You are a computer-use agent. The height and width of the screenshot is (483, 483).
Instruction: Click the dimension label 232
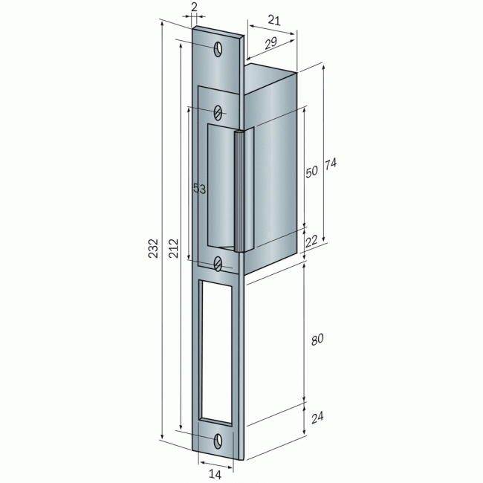(x=153, y=248)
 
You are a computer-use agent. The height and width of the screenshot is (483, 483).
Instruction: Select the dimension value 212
(x=173, y=248)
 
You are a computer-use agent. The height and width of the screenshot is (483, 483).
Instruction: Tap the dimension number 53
(x=200, y=189)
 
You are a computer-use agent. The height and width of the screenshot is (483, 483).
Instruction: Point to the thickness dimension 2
(x=194, y=7)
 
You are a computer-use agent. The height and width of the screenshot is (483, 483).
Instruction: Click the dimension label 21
(x=274, y=20)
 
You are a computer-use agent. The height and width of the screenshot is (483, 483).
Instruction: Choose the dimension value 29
(x=271, y=43)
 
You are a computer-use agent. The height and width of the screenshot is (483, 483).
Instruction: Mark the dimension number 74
(x=331, y=164)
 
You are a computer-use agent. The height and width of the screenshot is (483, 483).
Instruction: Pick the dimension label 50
(x=311, y=171)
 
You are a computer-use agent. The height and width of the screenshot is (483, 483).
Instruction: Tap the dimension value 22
(x=311, y=241)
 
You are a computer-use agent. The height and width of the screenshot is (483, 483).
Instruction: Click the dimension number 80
(x=317, y=340)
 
